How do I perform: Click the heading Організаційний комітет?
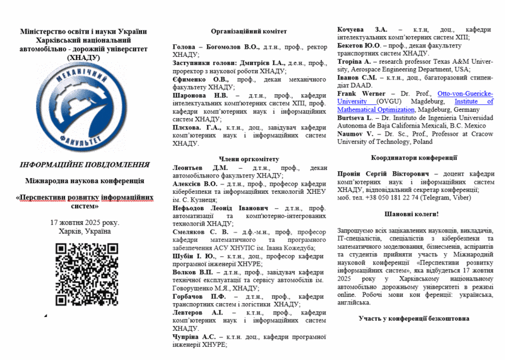click(249, 31)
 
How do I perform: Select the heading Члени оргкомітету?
click(249, 159)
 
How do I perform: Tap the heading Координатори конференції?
click(415, 158)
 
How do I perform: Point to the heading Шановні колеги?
click(415, 214)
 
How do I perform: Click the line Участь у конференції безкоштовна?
click(415, 318)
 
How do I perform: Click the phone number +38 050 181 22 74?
click(391, 197)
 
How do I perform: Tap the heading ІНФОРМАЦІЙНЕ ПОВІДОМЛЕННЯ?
click(84, 165)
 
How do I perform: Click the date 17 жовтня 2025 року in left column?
click(84, 222)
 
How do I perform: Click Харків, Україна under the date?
click(84, 231)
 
